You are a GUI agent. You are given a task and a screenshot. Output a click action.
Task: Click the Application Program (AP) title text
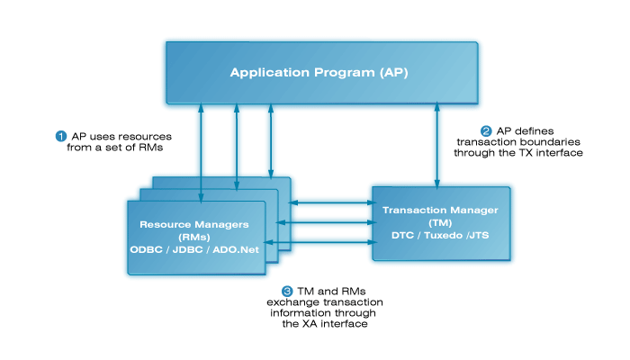[x=319, y=72]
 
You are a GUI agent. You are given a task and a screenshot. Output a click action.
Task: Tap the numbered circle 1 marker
[x=61, y=136]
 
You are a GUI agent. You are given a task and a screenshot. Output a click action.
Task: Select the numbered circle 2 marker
[x=487, y=129]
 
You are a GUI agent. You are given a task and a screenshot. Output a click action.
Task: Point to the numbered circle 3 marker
[x=287, y=291]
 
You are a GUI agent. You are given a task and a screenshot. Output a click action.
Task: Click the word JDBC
[x=192, y=247]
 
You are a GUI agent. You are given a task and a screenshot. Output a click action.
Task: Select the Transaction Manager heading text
[x=440, y=211]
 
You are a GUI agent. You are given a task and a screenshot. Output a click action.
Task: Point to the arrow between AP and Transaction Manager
[x=438, y=144]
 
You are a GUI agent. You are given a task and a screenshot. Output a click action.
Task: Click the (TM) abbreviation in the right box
[x=440, y=222]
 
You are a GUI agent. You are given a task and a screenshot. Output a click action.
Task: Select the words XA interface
[x=339, y=323]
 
